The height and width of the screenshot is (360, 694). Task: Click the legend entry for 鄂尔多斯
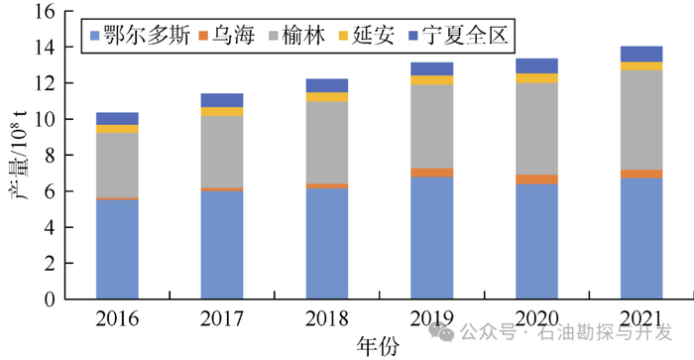coord(139,37)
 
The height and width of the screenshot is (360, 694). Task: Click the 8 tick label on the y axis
coord(46,156)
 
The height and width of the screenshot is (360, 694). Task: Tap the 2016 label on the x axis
coord(117,318)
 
